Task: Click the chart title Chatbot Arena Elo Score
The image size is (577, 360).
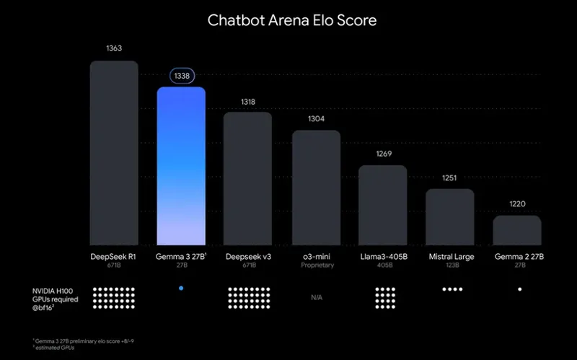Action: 292,19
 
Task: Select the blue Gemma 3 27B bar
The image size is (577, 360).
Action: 181,166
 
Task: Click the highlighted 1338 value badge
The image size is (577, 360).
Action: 181,76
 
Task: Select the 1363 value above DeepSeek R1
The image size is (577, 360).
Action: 114,48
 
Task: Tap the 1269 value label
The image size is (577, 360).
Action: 383,154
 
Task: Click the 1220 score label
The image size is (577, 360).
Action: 517,204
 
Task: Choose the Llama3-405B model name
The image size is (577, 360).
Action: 383,256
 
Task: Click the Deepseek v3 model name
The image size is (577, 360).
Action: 248,256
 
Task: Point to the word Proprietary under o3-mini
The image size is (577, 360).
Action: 316,265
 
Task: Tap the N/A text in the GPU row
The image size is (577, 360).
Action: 316,297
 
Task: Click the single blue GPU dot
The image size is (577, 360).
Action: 181,289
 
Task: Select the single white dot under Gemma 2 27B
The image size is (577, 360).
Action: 519,289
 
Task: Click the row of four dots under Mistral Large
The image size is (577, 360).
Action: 452,289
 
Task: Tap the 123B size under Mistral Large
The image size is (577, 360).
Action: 450,265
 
